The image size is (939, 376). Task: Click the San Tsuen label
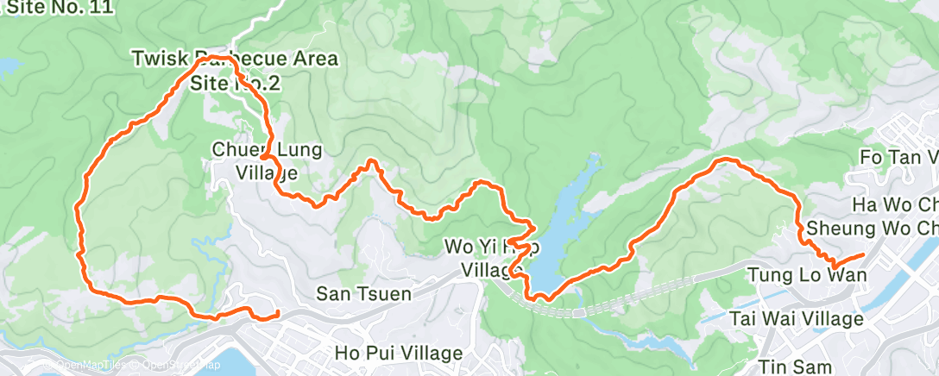(x=363, y=293)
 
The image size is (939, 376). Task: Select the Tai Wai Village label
(x=796, y=319)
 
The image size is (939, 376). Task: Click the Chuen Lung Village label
(x=267, y=160)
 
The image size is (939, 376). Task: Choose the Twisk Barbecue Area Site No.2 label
(x=235, y=71)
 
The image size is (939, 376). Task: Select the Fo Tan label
(x=898, y=158)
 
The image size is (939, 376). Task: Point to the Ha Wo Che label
(x=894, y=205)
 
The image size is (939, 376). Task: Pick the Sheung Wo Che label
(x=872, y=229)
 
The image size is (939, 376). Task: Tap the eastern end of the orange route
(x=864, y=255)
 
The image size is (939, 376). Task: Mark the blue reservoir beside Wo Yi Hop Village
(x=561, y=233)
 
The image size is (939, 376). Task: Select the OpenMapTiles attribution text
(x=85, y=365)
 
